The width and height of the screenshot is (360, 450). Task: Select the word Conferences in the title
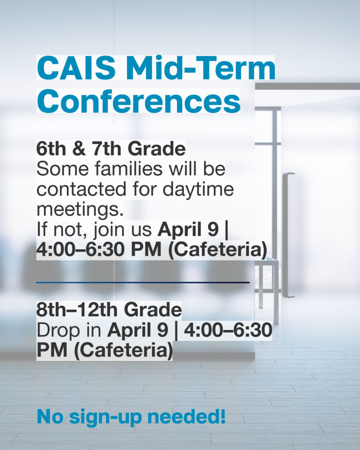[x=138, y=101]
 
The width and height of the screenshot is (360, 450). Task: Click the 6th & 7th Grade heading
[x=111, y=149]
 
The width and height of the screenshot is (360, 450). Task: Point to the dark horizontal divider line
[x=143, y=282]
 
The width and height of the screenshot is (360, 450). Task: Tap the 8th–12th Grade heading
[x=109, y=310]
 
